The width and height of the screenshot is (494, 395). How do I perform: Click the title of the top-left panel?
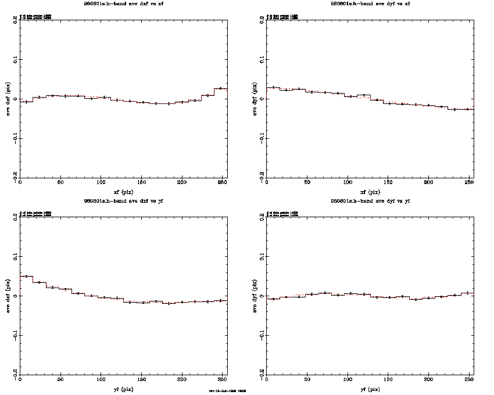click(124, 4)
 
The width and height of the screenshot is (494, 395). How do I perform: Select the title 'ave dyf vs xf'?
click(370, 4)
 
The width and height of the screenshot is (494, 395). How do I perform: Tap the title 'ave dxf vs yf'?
click(124, 201)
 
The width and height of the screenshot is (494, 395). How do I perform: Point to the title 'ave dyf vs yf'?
click(370, 201)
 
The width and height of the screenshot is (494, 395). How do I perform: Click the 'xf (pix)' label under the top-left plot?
click(124, 191)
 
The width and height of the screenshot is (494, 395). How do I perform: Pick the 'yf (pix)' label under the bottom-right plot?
click(370, 389)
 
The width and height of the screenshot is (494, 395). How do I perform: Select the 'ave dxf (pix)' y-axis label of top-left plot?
click(8, 98)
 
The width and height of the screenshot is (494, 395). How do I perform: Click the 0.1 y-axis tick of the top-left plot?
click(15, 59)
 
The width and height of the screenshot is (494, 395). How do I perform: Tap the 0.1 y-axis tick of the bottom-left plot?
click(15, 256)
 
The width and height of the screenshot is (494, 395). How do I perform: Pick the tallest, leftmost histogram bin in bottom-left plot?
click(26, 276)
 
